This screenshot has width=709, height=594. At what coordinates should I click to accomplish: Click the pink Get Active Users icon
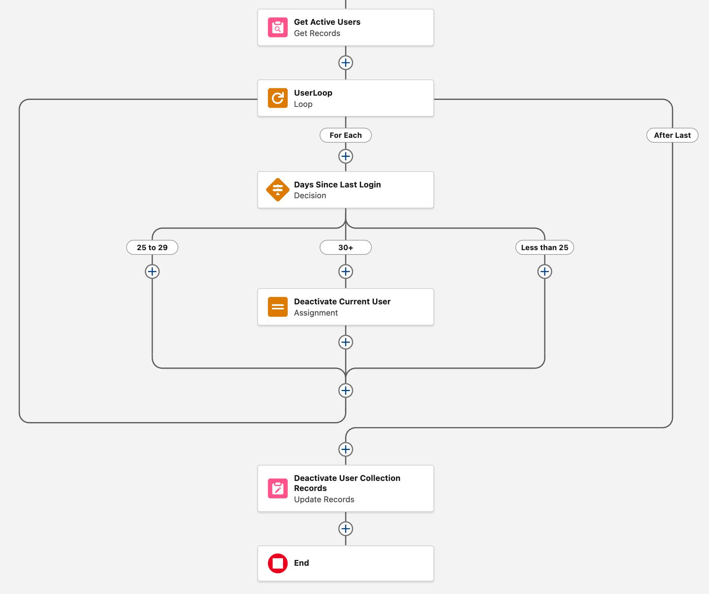[x=277, y=27]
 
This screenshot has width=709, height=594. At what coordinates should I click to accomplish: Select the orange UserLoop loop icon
[x=277, y=98]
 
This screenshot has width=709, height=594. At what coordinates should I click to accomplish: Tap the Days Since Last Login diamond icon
[x=277, y=190]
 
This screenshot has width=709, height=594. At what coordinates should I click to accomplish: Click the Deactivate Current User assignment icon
[x=277, y=307]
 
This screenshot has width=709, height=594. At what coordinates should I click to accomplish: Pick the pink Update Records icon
[x=277, y=488]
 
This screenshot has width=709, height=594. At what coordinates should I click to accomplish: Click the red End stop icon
[x=277, y=563]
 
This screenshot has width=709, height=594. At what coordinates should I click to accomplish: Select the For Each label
[x=345, y=135]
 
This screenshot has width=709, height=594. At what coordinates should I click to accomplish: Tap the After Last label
[x=672, y=135]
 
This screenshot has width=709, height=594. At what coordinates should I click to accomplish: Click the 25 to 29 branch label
[x=152, y=247]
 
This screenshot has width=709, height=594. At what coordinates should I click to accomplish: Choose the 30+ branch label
[x=345, y=247]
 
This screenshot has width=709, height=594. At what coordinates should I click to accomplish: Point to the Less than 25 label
[x=544, y=247]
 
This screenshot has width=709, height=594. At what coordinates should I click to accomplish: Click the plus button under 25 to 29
[x=152, y=271]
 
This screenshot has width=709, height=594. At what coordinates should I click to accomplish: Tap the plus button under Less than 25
[x=544, y=271]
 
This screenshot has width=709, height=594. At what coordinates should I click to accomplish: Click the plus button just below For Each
[x=345, y=156]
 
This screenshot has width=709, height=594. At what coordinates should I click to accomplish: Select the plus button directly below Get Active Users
[x=345, y=63]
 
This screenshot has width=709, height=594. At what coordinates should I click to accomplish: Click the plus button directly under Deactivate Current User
[x=345, y=342]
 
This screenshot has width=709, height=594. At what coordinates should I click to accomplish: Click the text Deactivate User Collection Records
[x=347, y=483]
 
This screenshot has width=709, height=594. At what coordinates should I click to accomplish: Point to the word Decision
[x=310, y=196]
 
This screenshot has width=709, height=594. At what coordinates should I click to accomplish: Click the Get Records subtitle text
[x=317, y=33]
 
